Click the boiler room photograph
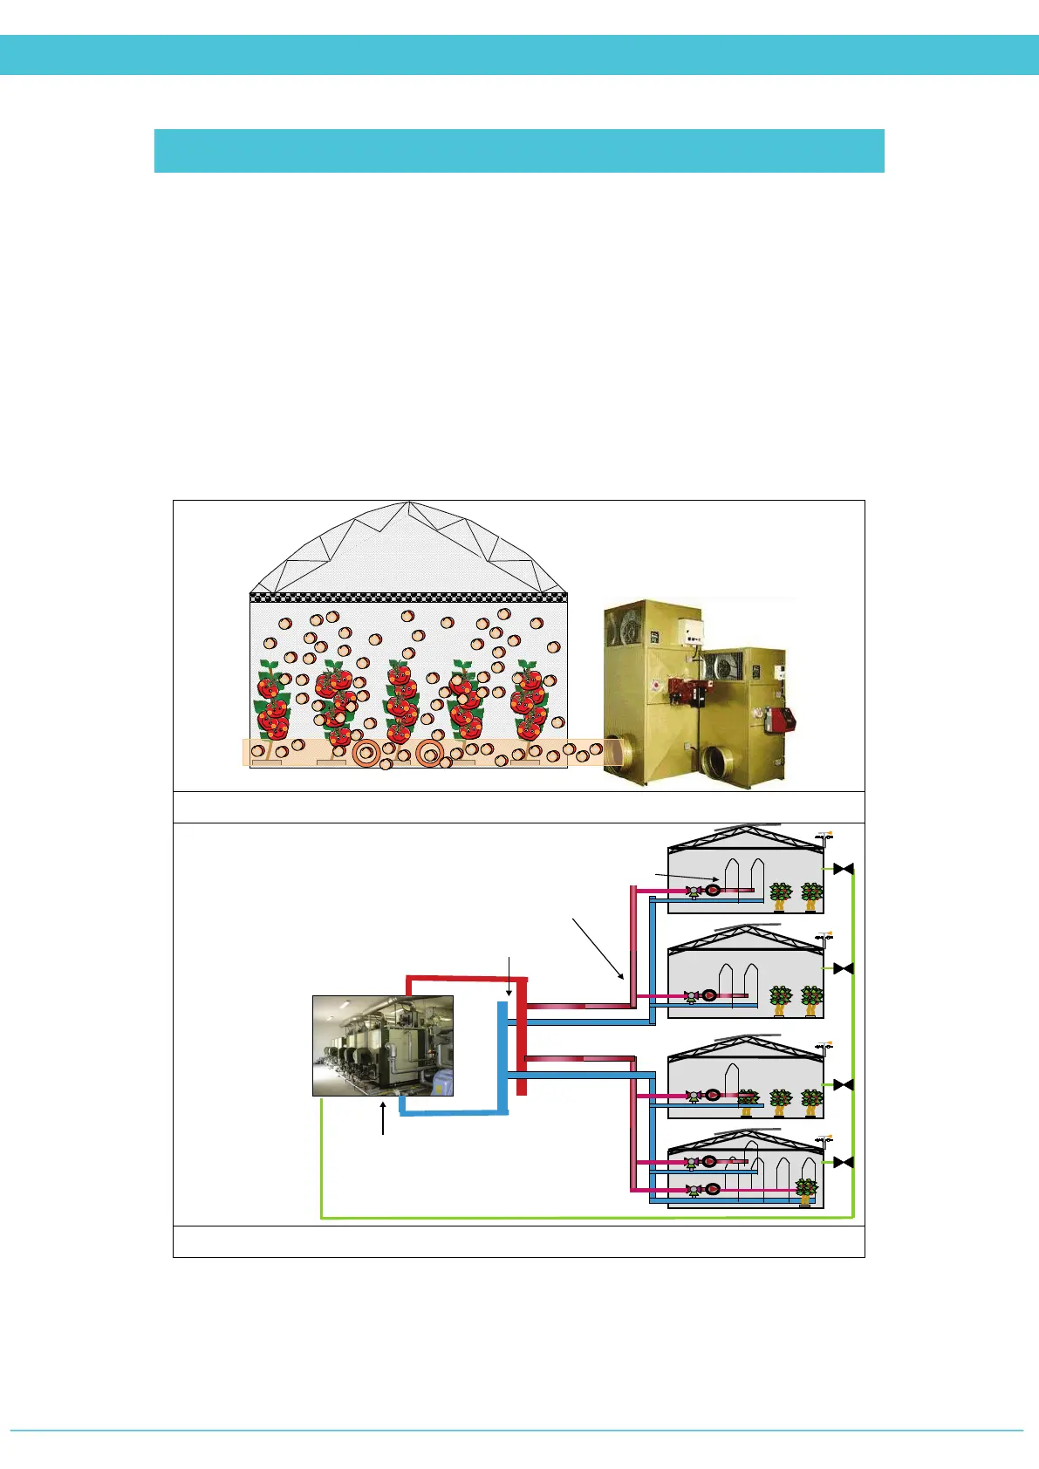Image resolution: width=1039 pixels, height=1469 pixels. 383,1045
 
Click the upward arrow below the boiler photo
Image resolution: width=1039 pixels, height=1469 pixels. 383,1118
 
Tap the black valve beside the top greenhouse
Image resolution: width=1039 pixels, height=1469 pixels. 843,869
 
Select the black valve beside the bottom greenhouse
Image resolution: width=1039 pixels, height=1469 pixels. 843,1162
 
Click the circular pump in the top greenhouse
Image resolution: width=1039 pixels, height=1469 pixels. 713,891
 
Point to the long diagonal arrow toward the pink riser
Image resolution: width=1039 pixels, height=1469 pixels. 598,948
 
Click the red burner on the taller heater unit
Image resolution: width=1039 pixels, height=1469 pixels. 683,690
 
